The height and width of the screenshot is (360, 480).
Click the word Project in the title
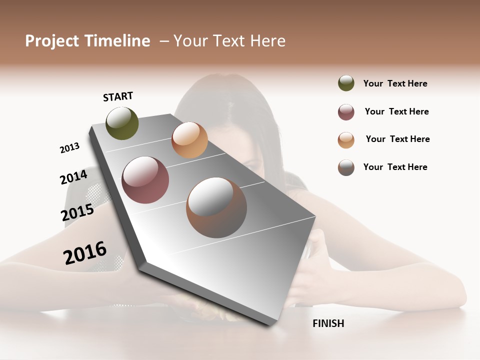click(x=52, y=41)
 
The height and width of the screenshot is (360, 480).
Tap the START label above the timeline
click(x=118, y=96)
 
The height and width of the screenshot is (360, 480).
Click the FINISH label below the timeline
click(x=328, y=323)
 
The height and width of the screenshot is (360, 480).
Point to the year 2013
click(x=69, y=148)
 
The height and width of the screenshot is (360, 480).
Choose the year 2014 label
click(x=73, y=177)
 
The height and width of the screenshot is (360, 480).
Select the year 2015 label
click(x=77, y=212)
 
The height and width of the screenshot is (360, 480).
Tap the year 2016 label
click(x=85, y=252)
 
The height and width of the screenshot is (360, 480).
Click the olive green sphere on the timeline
click(x=122, y=123)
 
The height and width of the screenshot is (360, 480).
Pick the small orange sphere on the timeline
click(x=189, y=140)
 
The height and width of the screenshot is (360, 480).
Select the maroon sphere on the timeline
click(x=145, y=180)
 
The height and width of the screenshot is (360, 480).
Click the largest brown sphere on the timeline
click(x=216, y=207)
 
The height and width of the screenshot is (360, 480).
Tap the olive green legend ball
click(x=346, y=83)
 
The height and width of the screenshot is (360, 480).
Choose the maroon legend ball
click(x=346, y=112)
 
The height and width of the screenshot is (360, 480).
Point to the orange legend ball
click(x=346, y=140)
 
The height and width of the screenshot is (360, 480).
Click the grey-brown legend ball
click(x=346, y=167)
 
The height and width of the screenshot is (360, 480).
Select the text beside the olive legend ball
click(x=395, y=83)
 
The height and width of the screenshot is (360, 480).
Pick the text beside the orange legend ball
click(x=397, y=139)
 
